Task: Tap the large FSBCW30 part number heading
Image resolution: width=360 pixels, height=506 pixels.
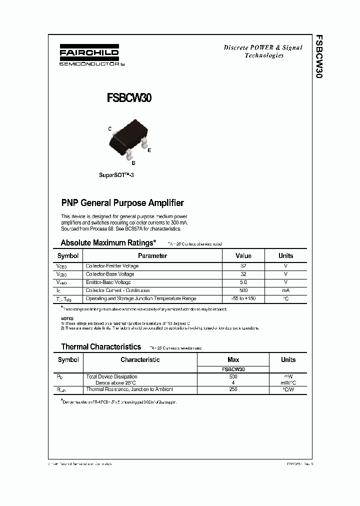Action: coord(129,98)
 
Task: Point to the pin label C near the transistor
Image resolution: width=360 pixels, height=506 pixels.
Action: coord(109,128)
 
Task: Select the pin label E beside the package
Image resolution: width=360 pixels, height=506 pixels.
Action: coord(149,150)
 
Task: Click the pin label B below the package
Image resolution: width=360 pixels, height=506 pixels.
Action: coord(133,162)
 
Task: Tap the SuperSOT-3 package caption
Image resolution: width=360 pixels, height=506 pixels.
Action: coord(116,176)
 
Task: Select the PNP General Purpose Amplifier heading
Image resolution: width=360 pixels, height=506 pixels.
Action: coord(122,203)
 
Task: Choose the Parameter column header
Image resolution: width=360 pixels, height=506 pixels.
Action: coord(152,255)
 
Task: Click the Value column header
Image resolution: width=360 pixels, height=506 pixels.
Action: coord(243,255)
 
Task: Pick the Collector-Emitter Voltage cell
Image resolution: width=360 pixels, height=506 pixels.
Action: coord(112,266)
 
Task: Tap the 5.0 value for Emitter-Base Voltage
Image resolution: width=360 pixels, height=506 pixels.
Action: coord(243,282)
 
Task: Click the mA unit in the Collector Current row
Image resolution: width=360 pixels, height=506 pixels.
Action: coord(285,290)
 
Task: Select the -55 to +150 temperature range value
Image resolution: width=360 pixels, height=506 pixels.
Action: coord(243,298)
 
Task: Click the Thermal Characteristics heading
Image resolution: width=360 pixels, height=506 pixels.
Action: coord(101,346)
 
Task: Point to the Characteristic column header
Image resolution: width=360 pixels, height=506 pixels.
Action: coord(140,359)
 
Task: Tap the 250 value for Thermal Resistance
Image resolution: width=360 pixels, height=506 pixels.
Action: coord(233,389)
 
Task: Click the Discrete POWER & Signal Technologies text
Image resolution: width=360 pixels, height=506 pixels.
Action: coord(263,51)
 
